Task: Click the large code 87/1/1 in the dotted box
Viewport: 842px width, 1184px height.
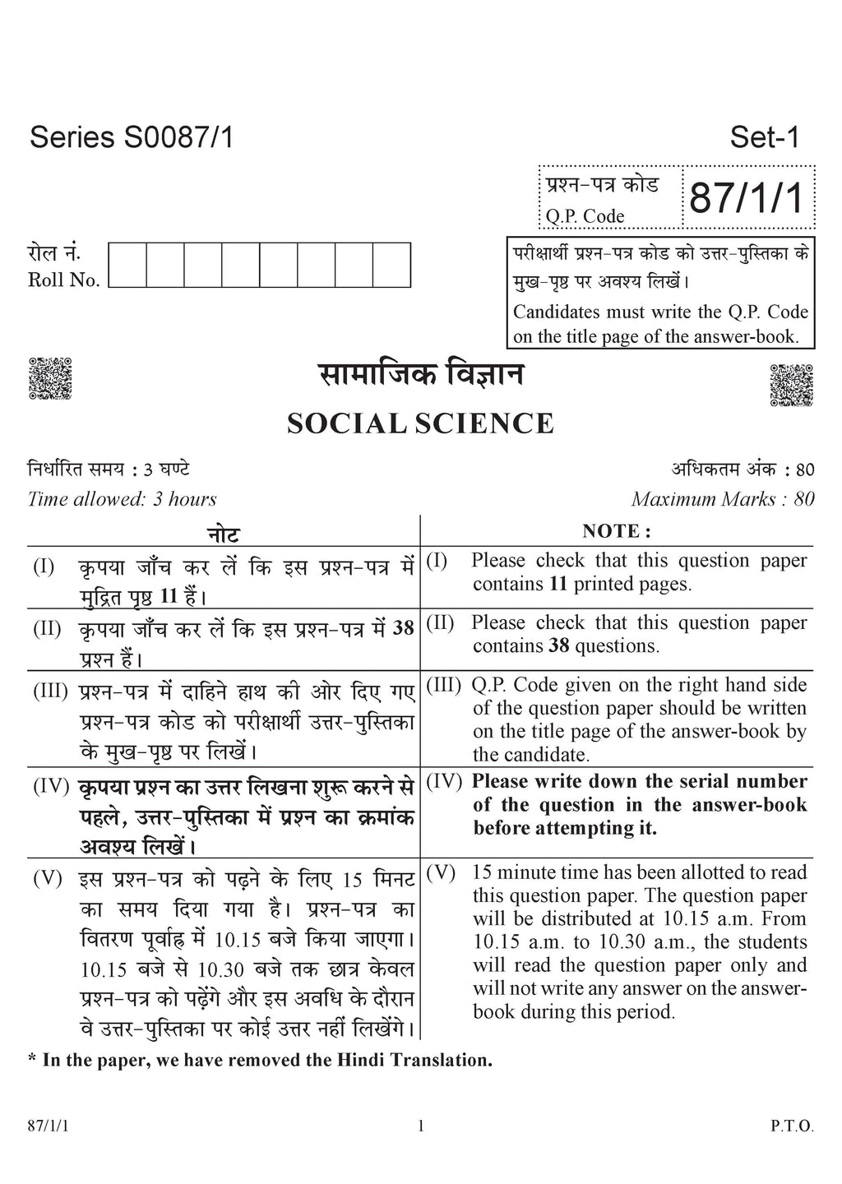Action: pos(746,199)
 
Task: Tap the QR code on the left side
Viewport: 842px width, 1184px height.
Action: pos(50,379)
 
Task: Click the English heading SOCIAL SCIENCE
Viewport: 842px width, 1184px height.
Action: pos(420,424)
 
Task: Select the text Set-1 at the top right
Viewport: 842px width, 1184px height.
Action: pos(764,137)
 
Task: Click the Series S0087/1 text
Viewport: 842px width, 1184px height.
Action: pos(132,137)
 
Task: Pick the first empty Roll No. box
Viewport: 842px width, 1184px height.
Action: pos(127,265)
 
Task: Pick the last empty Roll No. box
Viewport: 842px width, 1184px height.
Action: pos(392,265)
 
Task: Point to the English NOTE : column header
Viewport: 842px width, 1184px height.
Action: pos(617,531)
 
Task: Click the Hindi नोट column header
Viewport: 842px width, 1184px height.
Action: pos(223,534)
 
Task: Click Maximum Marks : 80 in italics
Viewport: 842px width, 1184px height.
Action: pos(723,499)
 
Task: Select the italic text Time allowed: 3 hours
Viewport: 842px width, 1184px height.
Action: pos(123,499)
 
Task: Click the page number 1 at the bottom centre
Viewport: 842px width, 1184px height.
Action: pos(421,1126)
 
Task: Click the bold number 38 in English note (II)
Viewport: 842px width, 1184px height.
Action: pos(559,646)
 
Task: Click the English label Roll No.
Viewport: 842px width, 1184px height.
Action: pos(64,280)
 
